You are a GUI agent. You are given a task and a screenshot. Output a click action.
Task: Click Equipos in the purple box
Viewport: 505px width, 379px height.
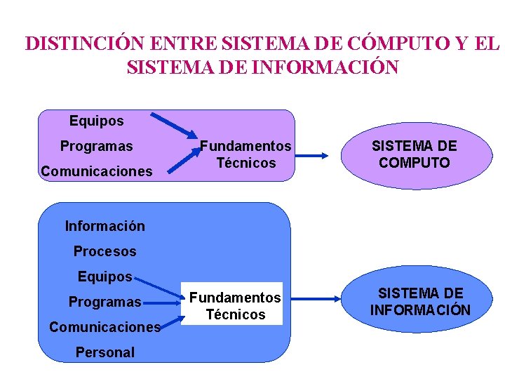tap(96, 121)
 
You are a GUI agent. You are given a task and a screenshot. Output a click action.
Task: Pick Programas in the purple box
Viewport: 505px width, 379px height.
tap(96, 146)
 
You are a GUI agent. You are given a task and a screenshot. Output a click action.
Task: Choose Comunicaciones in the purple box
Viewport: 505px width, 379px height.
tap(96, 171)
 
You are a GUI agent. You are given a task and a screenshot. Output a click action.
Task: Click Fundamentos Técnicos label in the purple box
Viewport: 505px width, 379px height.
tap(245, 154)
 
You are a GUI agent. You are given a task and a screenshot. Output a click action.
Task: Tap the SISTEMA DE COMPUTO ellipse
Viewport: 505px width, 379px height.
tap(414, 154)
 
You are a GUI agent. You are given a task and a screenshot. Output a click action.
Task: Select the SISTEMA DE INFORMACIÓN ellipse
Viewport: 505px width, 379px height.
tap(420, 301)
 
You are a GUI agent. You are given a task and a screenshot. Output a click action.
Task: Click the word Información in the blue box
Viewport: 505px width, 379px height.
tap(105, 226)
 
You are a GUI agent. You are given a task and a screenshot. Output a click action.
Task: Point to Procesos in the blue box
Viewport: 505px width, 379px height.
tap(105, 251)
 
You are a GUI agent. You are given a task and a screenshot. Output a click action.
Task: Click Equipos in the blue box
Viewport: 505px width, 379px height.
tap(105, 277)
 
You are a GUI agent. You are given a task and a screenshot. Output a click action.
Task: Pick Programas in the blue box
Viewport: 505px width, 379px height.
tap(105, 302)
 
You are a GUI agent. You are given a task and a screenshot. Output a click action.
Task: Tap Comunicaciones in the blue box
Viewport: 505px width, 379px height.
tap(105, 327)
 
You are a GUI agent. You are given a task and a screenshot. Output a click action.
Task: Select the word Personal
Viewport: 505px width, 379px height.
tap(105, 352)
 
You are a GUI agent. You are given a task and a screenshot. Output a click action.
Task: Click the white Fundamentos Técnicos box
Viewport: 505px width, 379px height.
tap(231, 306)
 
